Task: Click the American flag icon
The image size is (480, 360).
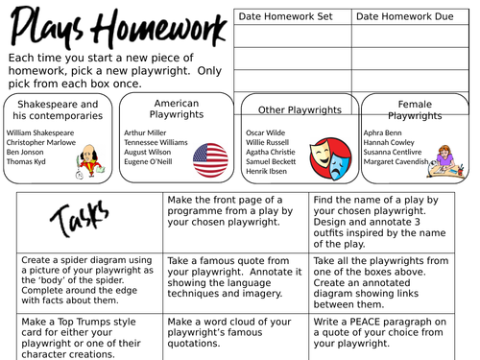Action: [x=210, y=158]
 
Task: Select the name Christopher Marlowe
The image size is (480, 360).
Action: [x=40, y=141]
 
